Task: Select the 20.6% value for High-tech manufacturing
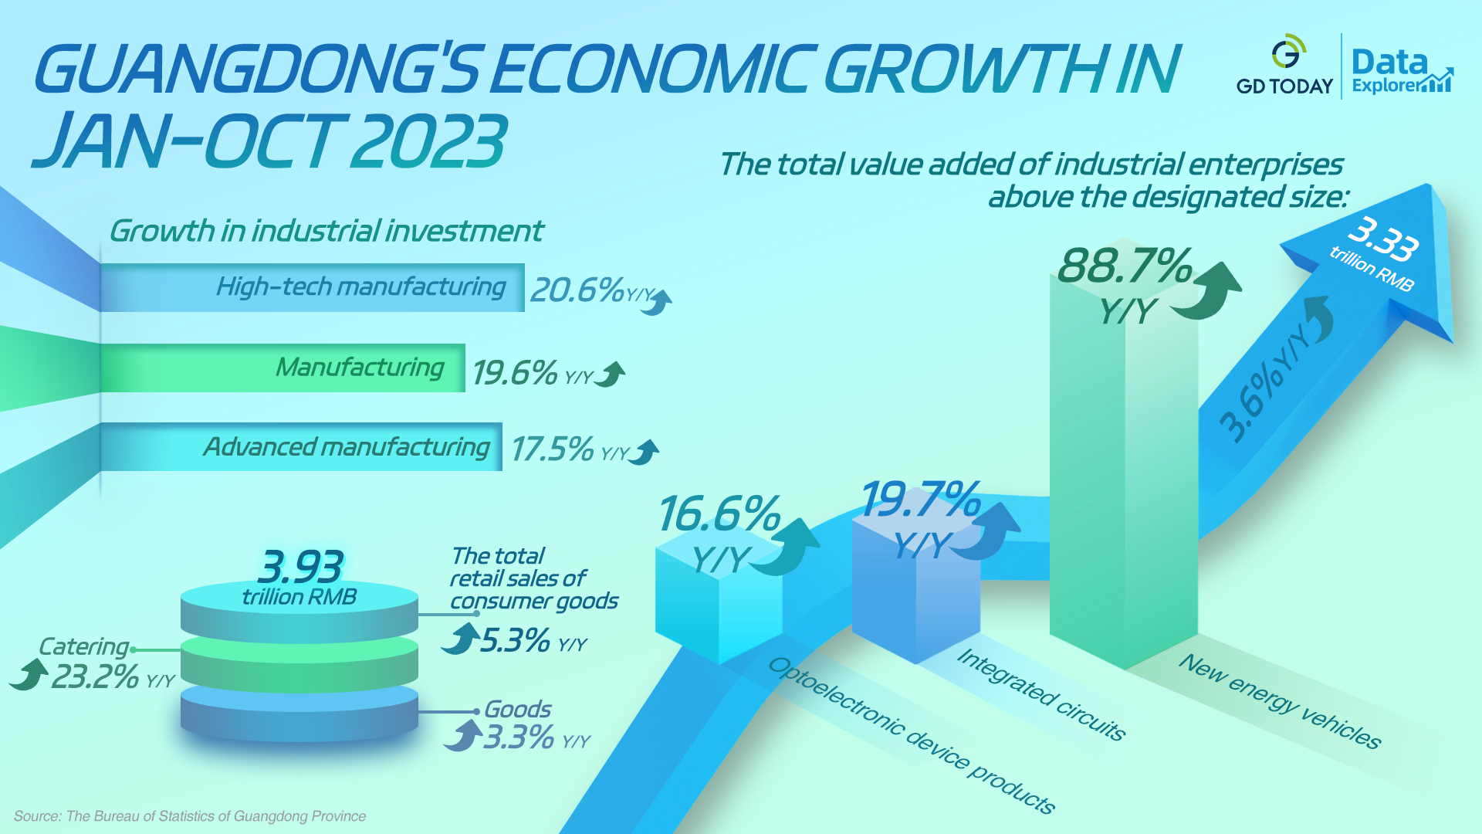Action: pyautogui.click(x=577, y=290)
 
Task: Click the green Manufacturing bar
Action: pyautogui.click(x=283, y=368)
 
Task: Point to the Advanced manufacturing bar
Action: pyautogui.click(x=301, y=447)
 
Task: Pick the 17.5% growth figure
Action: pyautogui.click(x=552, y=449)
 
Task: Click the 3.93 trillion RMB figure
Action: pyautogui.click(x=299, y=568)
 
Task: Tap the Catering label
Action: pyautogui.click(x=83, y=646)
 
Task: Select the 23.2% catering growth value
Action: pyautogui.click(x=95, y=677)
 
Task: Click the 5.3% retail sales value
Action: pyautogui.click(x=515, y=640)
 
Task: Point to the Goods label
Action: pyautogui.click(x=517, y=709)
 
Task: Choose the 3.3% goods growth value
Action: pyautogui.click(x=519, y=737)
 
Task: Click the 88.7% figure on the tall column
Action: pyautogui.click(x=1125, y=266)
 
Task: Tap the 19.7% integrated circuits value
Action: pyautogui.click(x=920, y=500)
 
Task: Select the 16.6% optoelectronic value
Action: pyautogui.click(x=719, y=514)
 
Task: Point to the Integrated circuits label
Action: pyautogui.click(x=1040, y=693)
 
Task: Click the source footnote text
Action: pyautogui.click(x=190, y=816)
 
